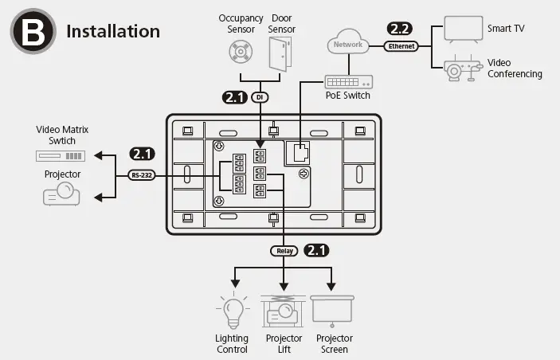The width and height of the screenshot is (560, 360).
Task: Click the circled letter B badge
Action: point(31,32)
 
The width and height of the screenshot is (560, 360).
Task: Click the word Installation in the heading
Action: point(113,32)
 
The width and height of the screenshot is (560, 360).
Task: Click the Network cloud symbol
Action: point(347,45)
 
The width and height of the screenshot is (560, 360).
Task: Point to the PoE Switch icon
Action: point(347,81)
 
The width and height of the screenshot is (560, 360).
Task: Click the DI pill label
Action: point(259,97)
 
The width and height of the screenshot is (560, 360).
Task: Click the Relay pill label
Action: point(284,251)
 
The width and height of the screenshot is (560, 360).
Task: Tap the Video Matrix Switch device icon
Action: point(61,155)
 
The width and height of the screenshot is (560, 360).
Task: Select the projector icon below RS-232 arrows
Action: point(61,193)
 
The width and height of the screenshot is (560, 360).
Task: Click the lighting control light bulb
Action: point(232,311)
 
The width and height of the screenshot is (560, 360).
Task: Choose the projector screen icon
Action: point(332,311)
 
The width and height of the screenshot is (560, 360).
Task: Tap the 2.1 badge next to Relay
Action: point(317,250)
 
